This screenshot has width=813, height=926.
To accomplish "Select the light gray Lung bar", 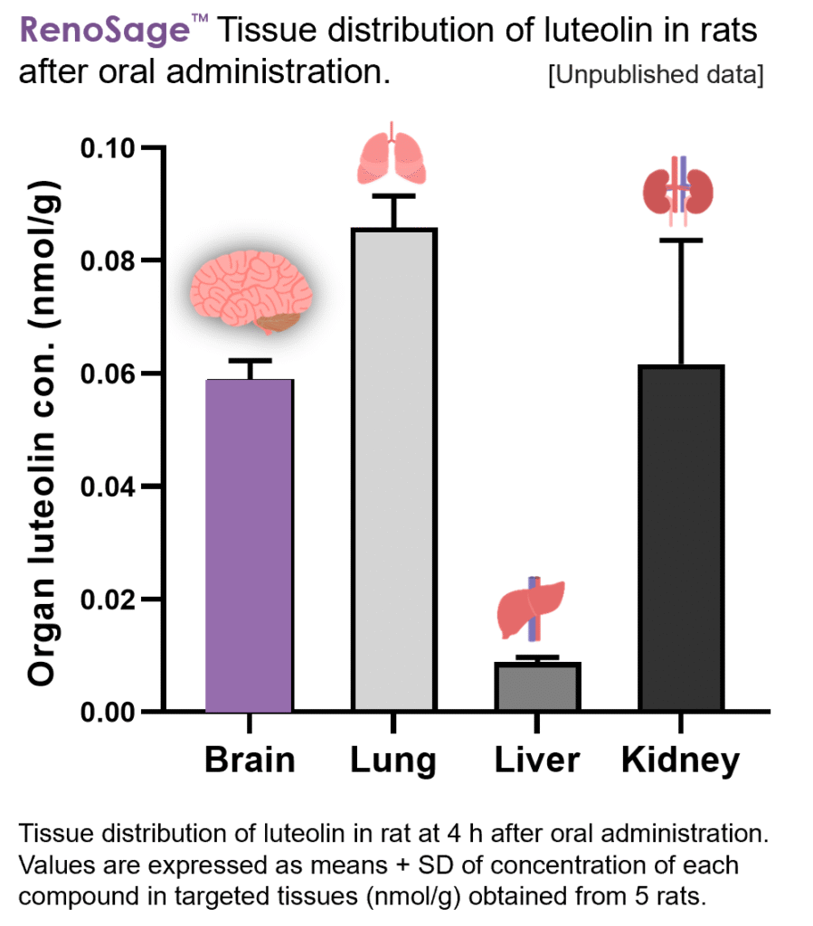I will (x=394, y=470).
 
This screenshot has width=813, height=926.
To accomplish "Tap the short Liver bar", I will (x=537, y=687).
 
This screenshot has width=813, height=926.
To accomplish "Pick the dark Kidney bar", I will (x=681, y=538).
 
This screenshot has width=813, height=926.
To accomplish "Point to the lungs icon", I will (x=392, y=154).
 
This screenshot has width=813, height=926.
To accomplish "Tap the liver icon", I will (x=533, y=607).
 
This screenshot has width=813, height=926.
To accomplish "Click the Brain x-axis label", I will (x=250, y=760).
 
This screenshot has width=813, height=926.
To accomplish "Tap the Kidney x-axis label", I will (x=680, y=761).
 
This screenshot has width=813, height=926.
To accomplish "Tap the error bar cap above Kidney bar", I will (x=680, y=240).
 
